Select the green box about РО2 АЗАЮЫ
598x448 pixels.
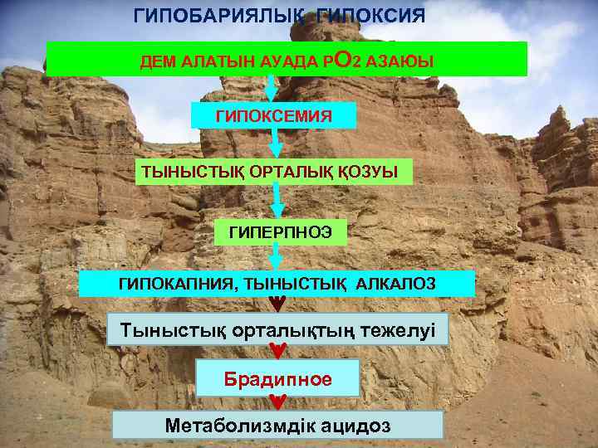coord(287,60)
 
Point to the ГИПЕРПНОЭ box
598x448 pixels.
coord(278,232)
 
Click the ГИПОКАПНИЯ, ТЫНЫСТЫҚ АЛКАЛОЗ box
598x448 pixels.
coord(277,284)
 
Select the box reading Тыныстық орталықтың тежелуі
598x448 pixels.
coord(277,329)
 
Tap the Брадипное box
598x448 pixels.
coord(277,379)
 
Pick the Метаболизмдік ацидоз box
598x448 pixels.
coord(277,426)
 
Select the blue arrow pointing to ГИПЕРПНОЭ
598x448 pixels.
coord(278,202)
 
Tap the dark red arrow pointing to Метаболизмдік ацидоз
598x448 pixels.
coord(278,402)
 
